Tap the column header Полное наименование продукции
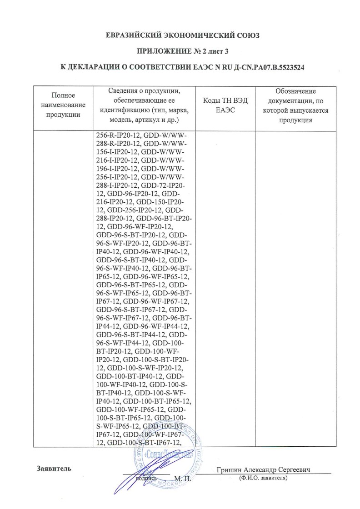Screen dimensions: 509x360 point(63,105)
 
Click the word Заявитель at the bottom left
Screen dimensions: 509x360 point(53,469)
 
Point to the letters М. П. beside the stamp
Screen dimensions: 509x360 point(183,479)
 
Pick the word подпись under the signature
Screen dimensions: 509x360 point(146,479)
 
